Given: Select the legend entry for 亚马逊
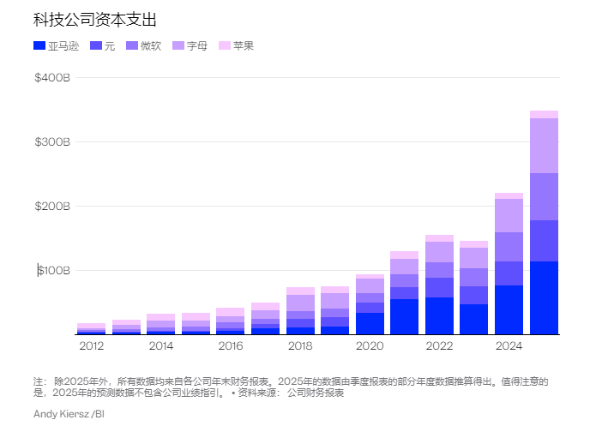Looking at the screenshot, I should coord(57,45).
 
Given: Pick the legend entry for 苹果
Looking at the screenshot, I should coord(236,45).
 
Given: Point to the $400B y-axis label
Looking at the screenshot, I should coord(51,78).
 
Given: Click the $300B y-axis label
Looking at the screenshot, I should coord(51,142).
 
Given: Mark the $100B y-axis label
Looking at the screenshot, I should coord(53,271).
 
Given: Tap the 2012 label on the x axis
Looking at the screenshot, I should coord(91,345).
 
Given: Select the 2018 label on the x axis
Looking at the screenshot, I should coord(300,345).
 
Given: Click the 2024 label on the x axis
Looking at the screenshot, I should coord(509,345).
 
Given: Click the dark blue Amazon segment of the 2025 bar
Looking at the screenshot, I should coord(544,297).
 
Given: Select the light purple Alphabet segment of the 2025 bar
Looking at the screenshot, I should coord(544,146).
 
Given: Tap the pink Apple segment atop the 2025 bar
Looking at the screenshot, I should coord(544,114).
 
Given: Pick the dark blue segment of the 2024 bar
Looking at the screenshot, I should coord(509,309).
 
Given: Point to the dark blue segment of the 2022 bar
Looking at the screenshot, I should coord(439,315).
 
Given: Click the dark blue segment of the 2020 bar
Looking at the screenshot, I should coord(370,323).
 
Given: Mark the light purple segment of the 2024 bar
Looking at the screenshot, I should coord(509,215).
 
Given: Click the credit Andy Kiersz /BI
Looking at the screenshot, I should coord(69,414).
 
